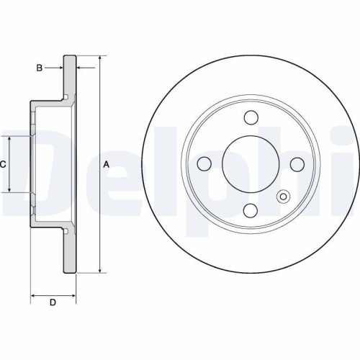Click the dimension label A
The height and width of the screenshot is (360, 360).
[107, 165]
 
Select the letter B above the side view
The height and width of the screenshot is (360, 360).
[40, 68]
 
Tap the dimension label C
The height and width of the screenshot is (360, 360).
[3, 165]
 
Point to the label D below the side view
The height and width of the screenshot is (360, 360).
[52, 302]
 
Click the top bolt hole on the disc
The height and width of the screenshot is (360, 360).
[251, 118]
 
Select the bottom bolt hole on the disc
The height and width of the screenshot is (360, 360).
[251, 210]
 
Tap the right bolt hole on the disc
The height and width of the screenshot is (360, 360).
[297, 163]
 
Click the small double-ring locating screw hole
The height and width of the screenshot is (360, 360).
[283, 197]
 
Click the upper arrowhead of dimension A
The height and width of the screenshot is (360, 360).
[99, 58]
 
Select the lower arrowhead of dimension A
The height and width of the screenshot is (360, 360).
[99, 270]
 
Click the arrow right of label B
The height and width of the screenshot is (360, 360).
[59, 68]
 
